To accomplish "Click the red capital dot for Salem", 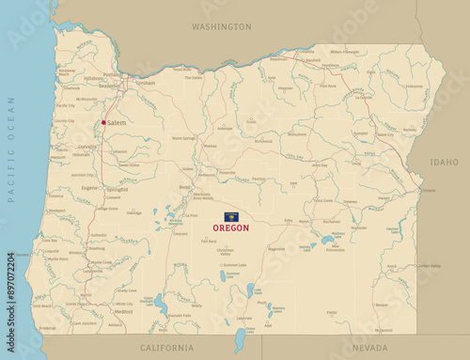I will (x=103, y=122).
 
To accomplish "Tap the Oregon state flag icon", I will (x=230, y=216).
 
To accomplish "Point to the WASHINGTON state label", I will (x=221, y=27).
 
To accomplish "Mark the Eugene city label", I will (x=89, y=187).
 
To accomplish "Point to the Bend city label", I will (x=184, y=187).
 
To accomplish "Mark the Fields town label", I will (x=332, y=312).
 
